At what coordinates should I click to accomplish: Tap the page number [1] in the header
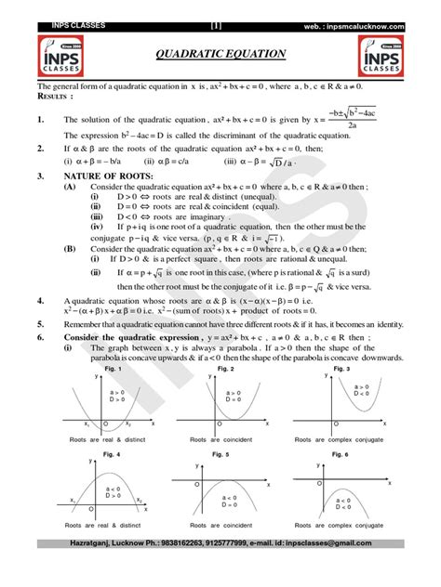217,8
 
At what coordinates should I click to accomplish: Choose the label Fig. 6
343,453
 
